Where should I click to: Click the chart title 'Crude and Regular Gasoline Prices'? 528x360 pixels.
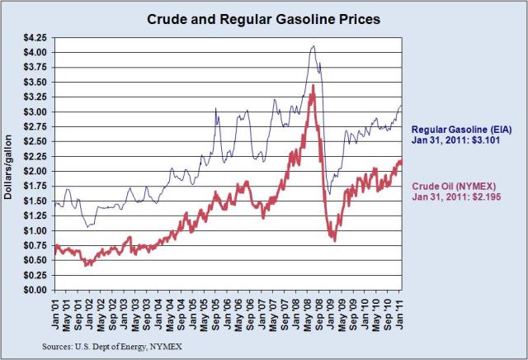click(x=263, y=18)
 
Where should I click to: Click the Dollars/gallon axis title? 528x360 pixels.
click(x=10, y=163)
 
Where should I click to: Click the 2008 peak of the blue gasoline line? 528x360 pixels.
click(x=313, y=46)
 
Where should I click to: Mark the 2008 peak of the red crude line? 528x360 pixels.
click(x=313, y=85)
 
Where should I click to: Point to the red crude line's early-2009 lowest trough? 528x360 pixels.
click(x=334, y=239)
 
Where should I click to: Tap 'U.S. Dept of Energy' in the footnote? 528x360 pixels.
click(x=109, y=348)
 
